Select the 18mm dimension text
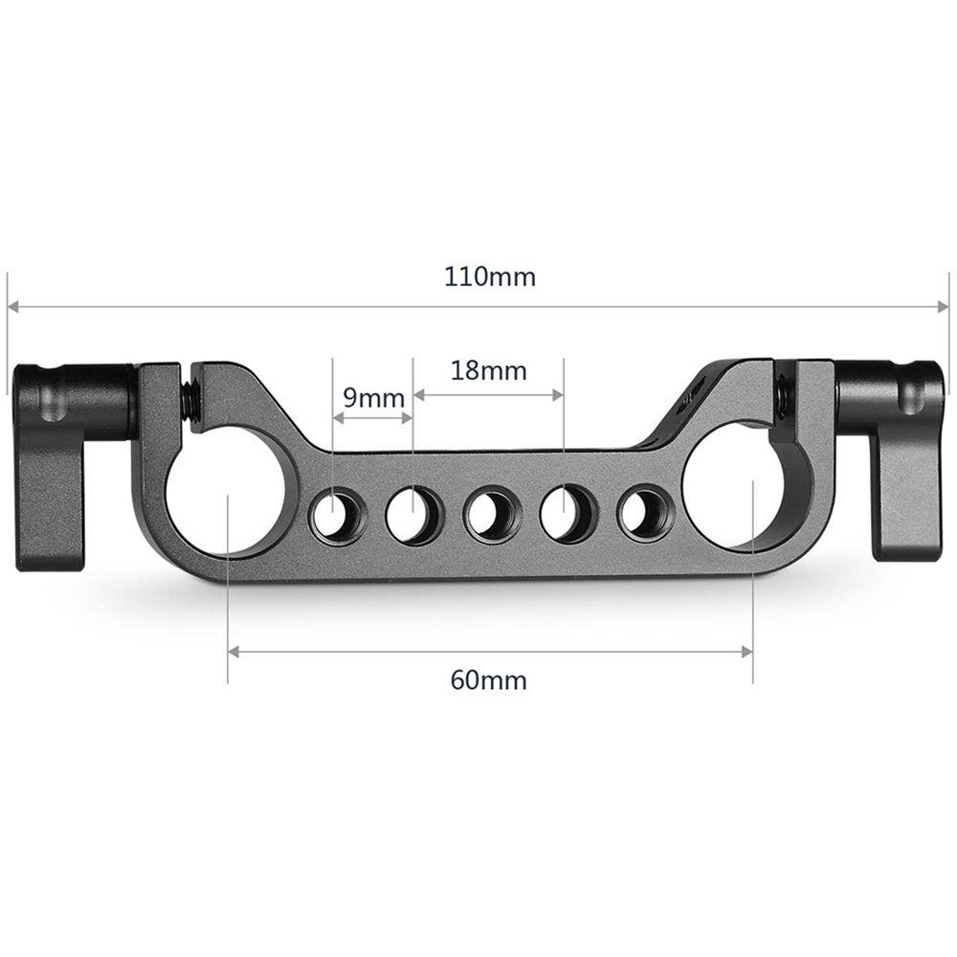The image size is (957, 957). pos(488,370)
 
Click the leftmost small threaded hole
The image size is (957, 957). pos(331,515)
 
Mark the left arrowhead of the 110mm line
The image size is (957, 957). pos(13,307)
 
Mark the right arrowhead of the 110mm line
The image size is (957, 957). pos(942,307)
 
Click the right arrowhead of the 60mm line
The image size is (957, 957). pos(747,652)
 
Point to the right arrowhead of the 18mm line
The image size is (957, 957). pos(558,393)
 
